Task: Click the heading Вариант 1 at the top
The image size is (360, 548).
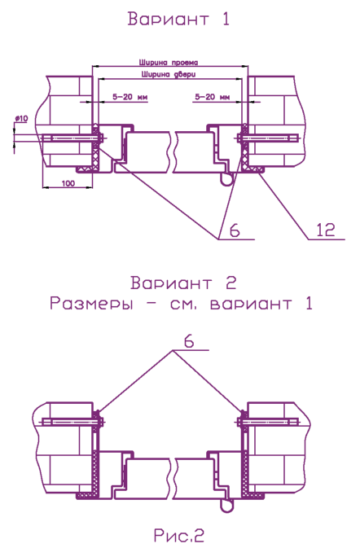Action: pyautogui.click(x=178, y=19)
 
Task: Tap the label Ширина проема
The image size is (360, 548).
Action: pyautogui.click(x=169, y=63)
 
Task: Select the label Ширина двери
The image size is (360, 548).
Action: pyautogui.click(x=169, y=74)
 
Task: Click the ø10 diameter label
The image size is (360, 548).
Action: pyautogui.click(x=21, y=119)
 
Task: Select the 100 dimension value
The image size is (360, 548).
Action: pyautogui.click(x=68, y=183)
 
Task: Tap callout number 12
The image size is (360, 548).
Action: pyautogui.click(x=326, y=230)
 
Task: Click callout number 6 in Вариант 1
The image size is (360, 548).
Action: pyautogui.click(x=235, y=230)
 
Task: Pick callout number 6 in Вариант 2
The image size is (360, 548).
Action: pyautogui.click(x=189, y=341)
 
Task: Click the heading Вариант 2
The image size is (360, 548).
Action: pyautogui.click(x=183, y=283)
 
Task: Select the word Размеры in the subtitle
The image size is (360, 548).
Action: pyautogui.click(x=91, y=304)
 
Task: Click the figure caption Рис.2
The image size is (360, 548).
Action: pyautogui.click(x=178, y=535)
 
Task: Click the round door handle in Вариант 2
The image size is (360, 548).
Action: pyautogui.click(x=227, y=506)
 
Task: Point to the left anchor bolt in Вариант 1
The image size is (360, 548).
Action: pyautogui.click(x=73, y=138)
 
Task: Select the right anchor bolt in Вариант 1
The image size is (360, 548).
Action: pyautogui.click(x=268, y=138)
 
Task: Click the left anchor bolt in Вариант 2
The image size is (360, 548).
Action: pyautogui.click(x=73, y=422)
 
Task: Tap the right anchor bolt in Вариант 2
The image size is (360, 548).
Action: pyautogui.click(x=268, y=422)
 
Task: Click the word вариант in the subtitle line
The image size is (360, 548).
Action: pyautogui.click(x=251, y=304)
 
